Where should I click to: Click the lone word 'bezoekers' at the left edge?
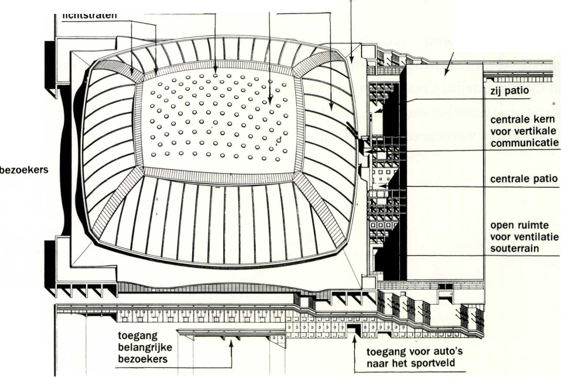pyautogui.click(x=24, y=170)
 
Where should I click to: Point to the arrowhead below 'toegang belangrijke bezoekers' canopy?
pyautogui.click(x=232, y=343)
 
